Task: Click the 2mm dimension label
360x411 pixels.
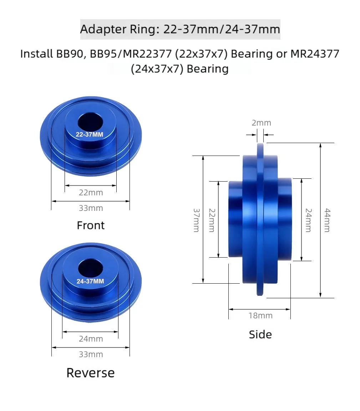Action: coord(261,123)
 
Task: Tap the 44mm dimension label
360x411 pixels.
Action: coord(327,220)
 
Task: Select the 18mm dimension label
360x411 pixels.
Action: coord(260,315)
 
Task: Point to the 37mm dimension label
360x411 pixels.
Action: coord(197,220)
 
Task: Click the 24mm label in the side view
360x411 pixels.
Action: coord(308,220)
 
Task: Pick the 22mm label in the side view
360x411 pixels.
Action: coord(212,220)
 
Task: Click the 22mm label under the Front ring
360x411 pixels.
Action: coord(91,193)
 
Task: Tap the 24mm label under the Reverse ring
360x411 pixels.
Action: coord(91,339)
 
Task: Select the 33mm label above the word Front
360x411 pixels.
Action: coord(91,208)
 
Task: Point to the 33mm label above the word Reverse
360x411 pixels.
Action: coord(91,354)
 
